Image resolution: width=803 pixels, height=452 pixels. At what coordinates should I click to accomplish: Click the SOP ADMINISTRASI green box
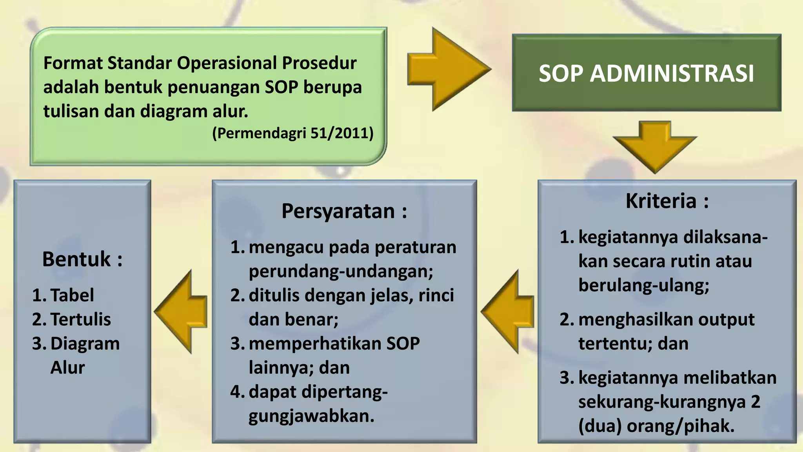(x=646, y=73)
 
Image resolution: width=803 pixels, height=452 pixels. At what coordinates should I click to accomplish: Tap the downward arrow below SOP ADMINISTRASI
(x=654, y=148)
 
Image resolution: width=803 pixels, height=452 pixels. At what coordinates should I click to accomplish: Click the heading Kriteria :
(x=667, y=201)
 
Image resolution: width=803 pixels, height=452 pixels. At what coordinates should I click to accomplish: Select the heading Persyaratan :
(x=344, y=211)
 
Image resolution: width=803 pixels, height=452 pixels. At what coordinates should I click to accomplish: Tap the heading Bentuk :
(x=82, y=259)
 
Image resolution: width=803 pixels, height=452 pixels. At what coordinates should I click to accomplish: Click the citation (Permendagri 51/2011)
(x=292, y=133)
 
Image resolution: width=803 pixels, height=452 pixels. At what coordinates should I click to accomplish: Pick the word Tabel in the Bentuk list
(x=72, y=295)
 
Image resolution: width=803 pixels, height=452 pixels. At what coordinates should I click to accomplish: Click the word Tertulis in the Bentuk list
(x=80, y=319)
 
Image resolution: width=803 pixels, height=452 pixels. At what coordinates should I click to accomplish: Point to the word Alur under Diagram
(x=67, y=368)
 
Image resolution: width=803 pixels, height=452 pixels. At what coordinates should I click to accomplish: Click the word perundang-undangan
(x=340, y=271)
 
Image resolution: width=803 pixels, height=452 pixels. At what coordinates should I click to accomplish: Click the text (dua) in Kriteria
(x=600, y=426)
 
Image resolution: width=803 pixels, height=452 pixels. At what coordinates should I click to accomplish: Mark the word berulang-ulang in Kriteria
(x=643, y=285)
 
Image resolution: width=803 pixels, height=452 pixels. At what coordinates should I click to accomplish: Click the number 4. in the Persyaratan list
(x=237, y=392)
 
